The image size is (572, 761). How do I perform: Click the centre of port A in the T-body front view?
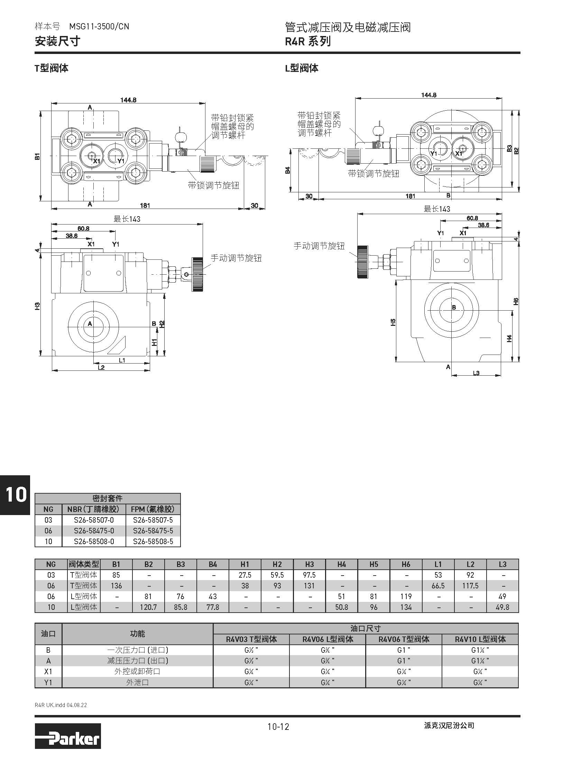tap(93, 324)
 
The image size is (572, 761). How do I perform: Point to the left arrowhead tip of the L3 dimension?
tap(452, 375)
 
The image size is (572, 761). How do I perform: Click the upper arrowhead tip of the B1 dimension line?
tap(40, 110)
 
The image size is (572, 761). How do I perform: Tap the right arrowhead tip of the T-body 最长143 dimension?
tap(203, 224)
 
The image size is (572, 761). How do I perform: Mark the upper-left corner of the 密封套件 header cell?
tap(35, 494)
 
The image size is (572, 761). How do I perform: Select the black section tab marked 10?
tap(15, 495)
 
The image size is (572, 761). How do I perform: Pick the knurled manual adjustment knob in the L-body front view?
tap(362, 262)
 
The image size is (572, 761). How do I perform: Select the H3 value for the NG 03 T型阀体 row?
tap(309, 575)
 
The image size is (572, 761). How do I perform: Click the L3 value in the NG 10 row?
tap(502, 607)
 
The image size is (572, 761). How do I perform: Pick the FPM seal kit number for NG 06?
tap(153, 531)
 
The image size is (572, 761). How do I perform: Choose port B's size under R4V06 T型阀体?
tap(404, 650)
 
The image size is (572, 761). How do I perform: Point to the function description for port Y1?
tap(137, 682)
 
